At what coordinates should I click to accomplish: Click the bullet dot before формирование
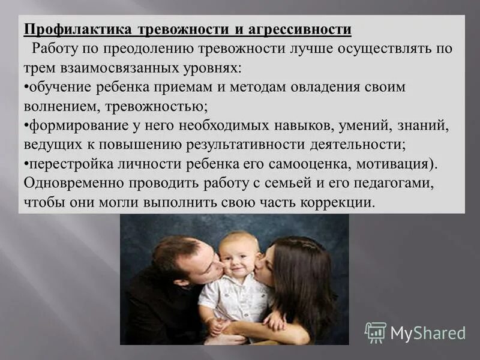[26, 126]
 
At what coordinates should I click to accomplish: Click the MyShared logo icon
[375, 332]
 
